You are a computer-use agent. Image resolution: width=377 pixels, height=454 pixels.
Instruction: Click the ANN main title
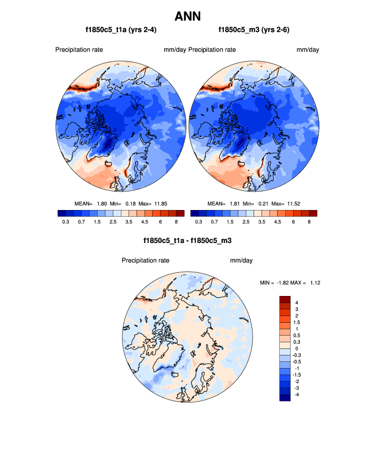(x=188, y=16)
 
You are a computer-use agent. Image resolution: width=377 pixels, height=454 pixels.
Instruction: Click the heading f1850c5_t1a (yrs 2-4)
(x=121, y=30)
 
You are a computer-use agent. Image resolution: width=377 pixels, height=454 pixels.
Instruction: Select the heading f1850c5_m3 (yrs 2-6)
(x=254, y=30)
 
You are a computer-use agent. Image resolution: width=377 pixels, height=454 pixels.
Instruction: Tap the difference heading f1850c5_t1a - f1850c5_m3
(x=187, y=240)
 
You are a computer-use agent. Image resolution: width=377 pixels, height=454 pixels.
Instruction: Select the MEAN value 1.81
(x=231, y=203)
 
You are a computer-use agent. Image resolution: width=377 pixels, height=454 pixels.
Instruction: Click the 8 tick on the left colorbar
(x=176, y=221)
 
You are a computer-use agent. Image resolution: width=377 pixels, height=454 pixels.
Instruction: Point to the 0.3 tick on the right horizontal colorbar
(x=199, y=221)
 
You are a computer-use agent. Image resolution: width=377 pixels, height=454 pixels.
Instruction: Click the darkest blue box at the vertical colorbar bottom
(x=285, y=397)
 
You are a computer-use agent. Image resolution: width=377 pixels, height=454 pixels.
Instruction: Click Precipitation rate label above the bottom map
(x=146, y=260)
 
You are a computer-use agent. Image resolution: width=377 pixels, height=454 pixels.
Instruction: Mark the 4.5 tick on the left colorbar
(x=145, y=221)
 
